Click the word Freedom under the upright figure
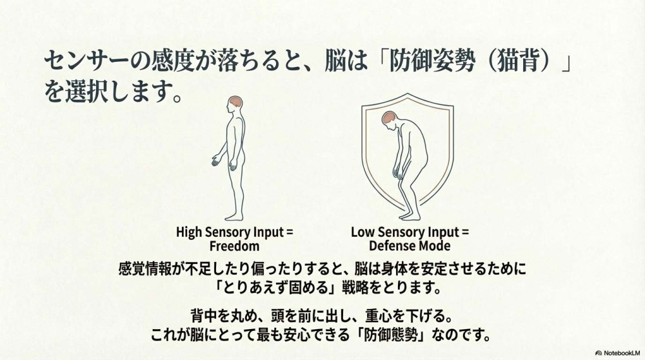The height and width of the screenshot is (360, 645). click(235, 246)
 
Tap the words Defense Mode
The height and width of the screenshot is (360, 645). click(410, 246)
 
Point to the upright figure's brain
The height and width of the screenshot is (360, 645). click(235, 102)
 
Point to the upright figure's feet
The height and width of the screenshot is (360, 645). click(234, 216)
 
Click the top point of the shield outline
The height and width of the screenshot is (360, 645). click(408, 94)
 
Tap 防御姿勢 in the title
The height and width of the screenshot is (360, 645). click(432, 63)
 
